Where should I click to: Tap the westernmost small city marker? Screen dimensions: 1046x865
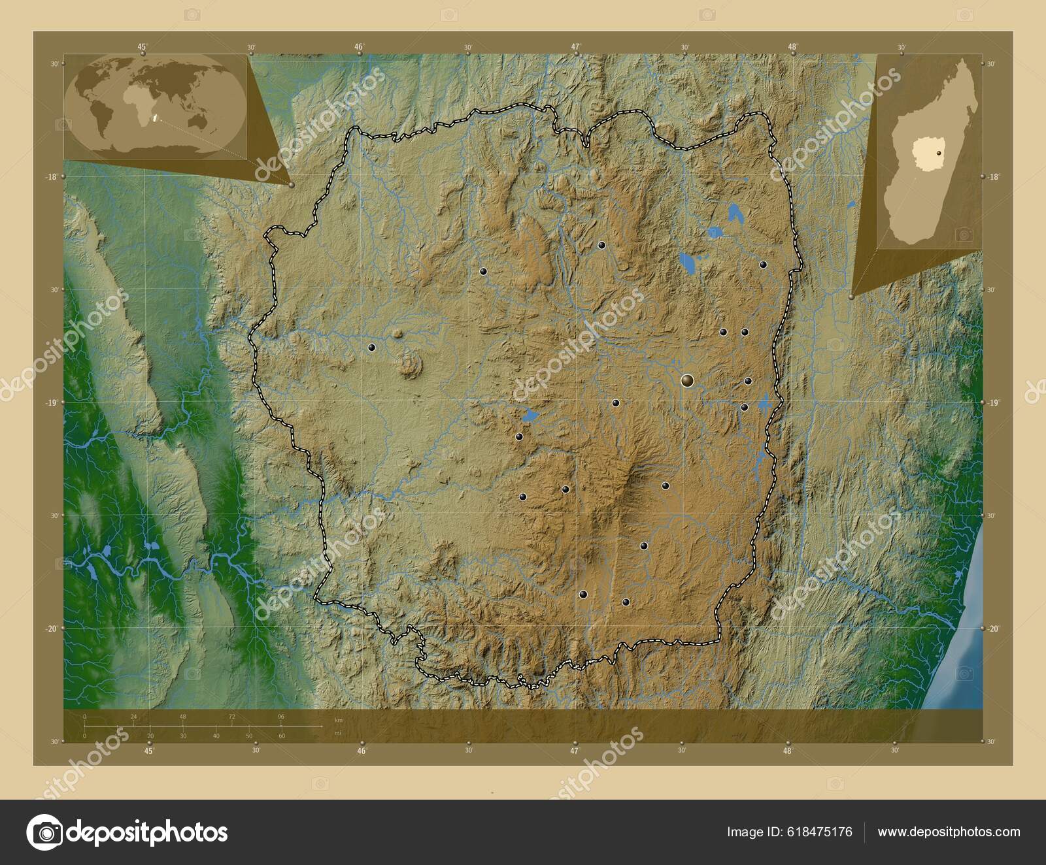[x=371, y=348]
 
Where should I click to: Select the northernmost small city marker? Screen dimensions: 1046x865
[x=601, y=246]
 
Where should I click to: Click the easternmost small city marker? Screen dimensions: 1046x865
[x=763, y=265]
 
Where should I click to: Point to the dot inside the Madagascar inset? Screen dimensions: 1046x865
[x=939, y=152]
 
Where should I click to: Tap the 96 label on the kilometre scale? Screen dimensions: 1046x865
[x=281, y=717]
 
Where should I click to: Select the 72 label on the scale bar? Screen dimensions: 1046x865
[x=232, y=717]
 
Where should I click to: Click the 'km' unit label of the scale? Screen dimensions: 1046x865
[x=338, y=720]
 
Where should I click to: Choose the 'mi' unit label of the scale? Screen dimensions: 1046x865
[x=337, y=733]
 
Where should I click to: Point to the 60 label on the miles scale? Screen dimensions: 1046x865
[x=282, y=736]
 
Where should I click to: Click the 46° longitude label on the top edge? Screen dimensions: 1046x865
[x=359, y=46]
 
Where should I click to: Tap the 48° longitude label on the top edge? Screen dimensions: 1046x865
[x=792, y=46]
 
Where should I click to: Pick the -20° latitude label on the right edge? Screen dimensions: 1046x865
[x=992, y=628]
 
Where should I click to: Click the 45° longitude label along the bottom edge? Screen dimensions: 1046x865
[x=149, y=751]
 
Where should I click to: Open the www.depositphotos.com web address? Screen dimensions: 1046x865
[x=949, y=832]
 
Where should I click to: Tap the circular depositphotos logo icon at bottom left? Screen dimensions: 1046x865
[x=44, y=832]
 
